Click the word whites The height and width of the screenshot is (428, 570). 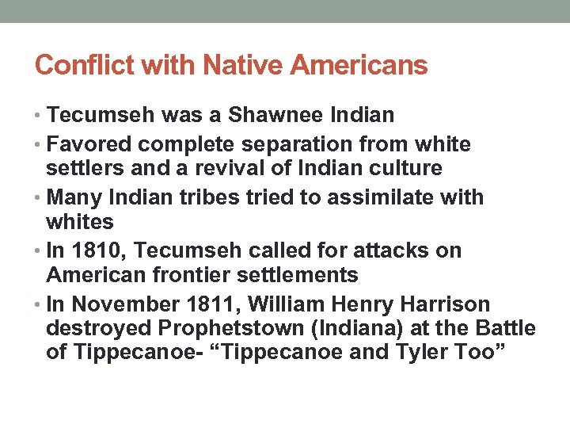click(x=80, y=222)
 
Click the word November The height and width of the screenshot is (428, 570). click(x=117, y=305)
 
